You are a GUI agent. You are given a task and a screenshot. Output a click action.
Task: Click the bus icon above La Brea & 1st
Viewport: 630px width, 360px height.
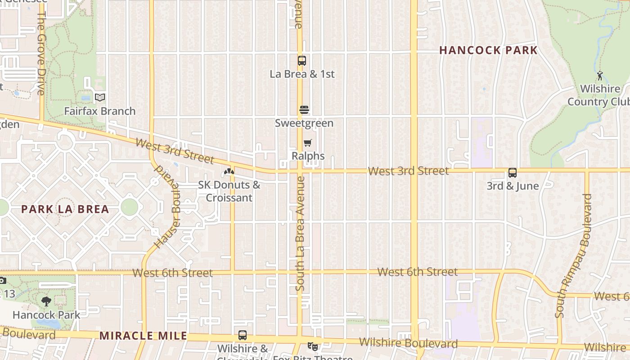(302, 60)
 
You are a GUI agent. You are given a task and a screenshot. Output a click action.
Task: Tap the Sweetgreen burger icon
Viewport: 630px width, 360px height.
(304, 110)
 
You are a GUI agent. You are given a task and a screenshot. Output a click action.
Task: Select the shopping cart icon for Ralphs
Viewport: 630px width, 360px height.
(308, 143)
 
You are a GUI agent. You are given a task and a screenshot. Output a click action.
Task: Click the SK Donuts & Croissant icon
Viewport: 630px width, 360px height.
(229, 171)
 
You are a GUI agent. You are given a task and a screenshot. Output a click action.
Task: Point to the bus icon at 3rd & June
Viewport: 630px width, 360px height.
(512, 173)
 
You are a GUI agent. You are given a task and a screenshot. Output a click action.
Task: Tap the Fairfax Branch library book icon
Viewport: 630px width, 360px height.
(100, 97)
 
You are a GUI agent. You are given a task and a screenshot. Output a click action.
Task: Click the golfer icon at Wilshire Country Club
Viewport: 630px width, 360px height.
(600, 76)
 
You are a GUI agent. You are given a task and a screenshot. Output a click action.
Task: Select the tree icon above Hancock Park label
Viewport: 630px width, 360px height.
(46, 301)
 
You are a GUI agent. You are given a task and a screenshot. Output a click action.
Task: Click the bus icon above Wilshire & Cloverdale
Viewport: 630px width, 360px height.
(243, 335)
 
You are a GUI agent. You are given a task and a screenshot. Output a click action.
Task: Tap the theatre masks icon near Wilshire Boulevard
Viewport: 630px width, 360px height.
(312, 346)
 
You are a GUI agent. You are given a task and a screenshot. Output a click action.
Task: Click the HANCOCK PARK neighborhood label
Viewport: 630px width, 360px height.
(488, 50)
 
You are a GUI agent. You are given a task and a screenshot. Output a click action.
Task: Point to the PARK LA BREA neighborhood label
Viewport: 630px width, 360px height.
(65, 209)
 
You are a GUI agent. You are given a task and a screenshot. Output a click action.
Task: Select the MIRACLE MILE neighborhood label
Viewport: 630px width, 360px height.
(143, 336)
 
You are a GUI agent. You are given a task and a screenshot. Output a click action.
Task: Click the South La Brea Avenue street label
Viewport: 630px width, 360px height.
(301, 233)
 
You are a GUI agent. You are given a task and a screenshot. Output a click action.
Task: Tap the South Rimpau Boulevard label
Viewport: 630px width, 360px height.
(573, 256)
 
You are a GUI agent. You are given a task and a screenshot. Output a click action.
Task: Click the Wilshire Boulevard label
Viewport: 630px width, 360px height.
(409, 343)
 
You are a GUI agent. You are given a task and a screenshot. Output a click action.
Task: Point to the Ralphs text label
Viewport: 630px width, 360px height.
(308, 156)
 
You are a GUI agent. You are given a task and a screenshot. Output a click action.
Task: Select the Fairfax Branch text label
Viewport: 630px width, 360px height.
(100, 111)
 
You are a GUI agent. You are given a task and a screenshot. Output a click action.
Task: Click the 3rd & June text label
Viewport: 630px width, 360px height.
(513, 186)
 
